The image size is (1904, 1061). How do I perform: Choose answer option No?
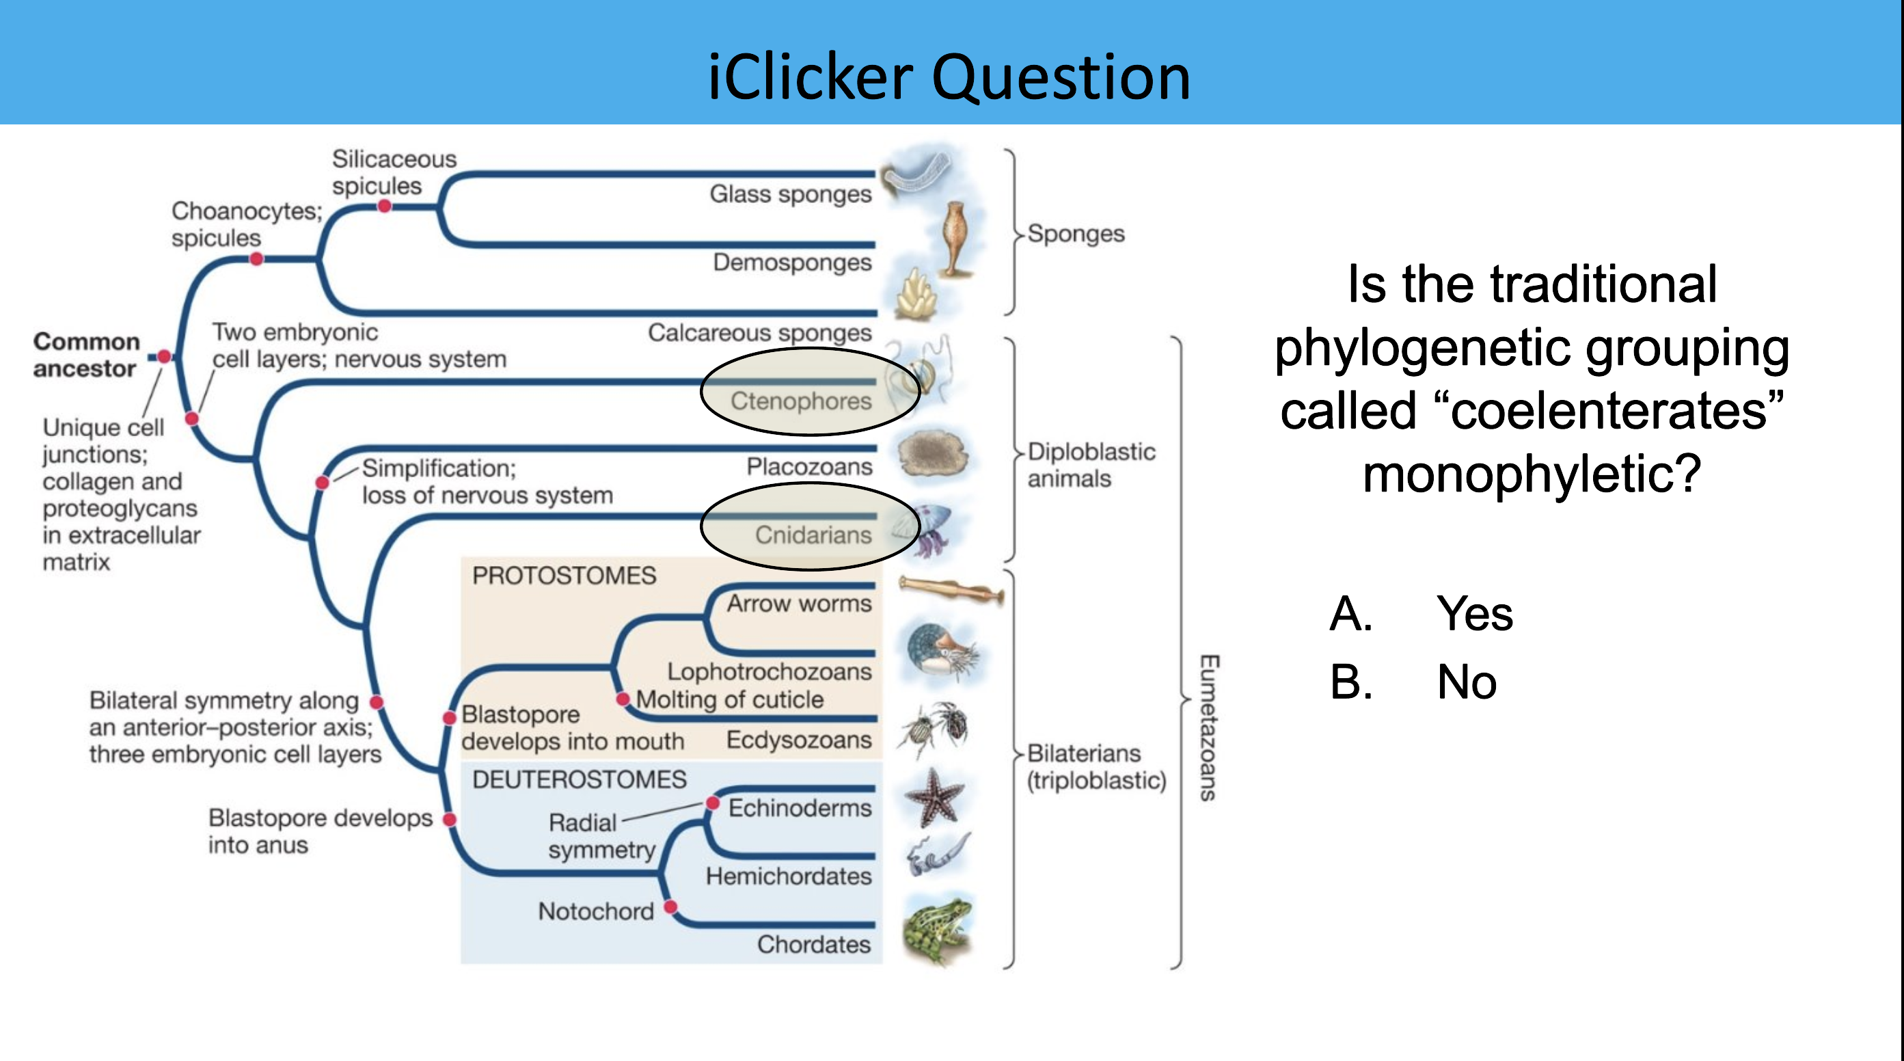(1467, 682)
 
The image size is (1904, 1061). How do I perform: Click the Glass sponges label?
(790, 193)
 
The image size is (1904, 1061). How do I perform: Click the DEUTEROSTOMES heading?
(579, 779)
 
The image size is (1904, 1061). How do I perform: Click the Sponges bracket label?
(1076, 234)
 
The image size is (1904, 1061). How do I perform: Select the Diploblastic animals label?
(1090, 465)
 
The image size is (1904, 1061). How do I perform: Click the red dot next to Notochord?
(670, 906)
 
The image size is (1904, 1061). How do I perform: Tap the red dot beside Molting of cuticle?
(623, 699)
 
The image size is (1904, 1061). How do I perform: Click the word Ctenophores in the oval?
(800, 401)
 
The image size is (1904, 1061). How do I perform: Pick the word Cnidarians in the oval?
(813, 535)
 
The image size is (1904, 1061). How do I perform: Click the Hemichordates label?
(788, 876)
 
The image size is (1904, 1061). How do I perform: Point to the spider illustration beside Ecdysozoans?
(934, 727)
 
